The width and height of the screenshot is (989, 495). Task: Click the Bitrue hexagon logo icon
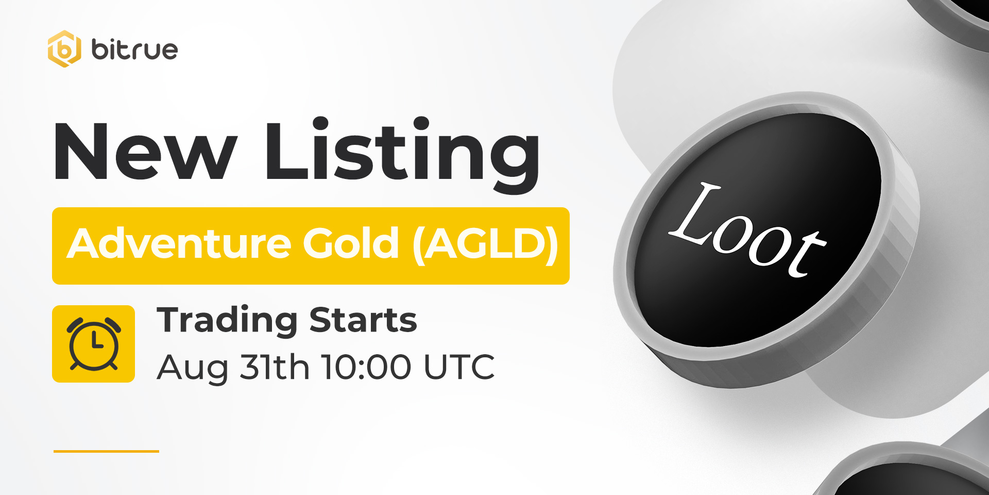[64, 49]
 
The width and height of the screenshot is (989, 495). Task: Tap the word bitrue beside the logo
[134, 49]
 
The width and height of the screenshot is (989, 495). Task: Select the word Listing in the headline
[402, 155]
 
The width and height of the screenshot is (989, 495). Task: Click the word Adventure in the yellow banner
[181, 243]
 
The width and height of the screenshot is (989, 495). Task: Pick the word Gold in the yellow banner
[351, 243]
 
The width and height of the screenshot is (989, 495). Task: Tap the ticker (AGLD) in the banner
[485, 244]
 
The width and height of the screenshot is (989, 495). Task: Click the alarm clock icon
[94, 344]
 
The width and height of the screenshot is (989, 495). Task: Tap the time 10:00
[367, 367]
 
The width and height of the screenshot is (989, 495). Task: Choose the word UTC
[459, 367]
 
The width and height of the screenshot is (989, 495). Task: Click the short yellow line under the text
[106, 451]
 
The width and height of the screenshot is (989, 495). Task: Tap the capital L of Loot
[693, 212]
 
